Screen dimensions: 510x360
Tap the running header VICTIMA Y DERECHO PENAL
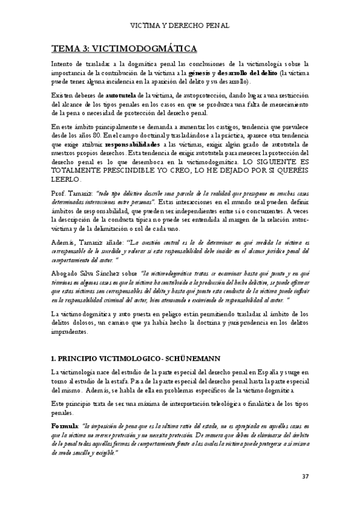pyautogui.click(x=180, y=25)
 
